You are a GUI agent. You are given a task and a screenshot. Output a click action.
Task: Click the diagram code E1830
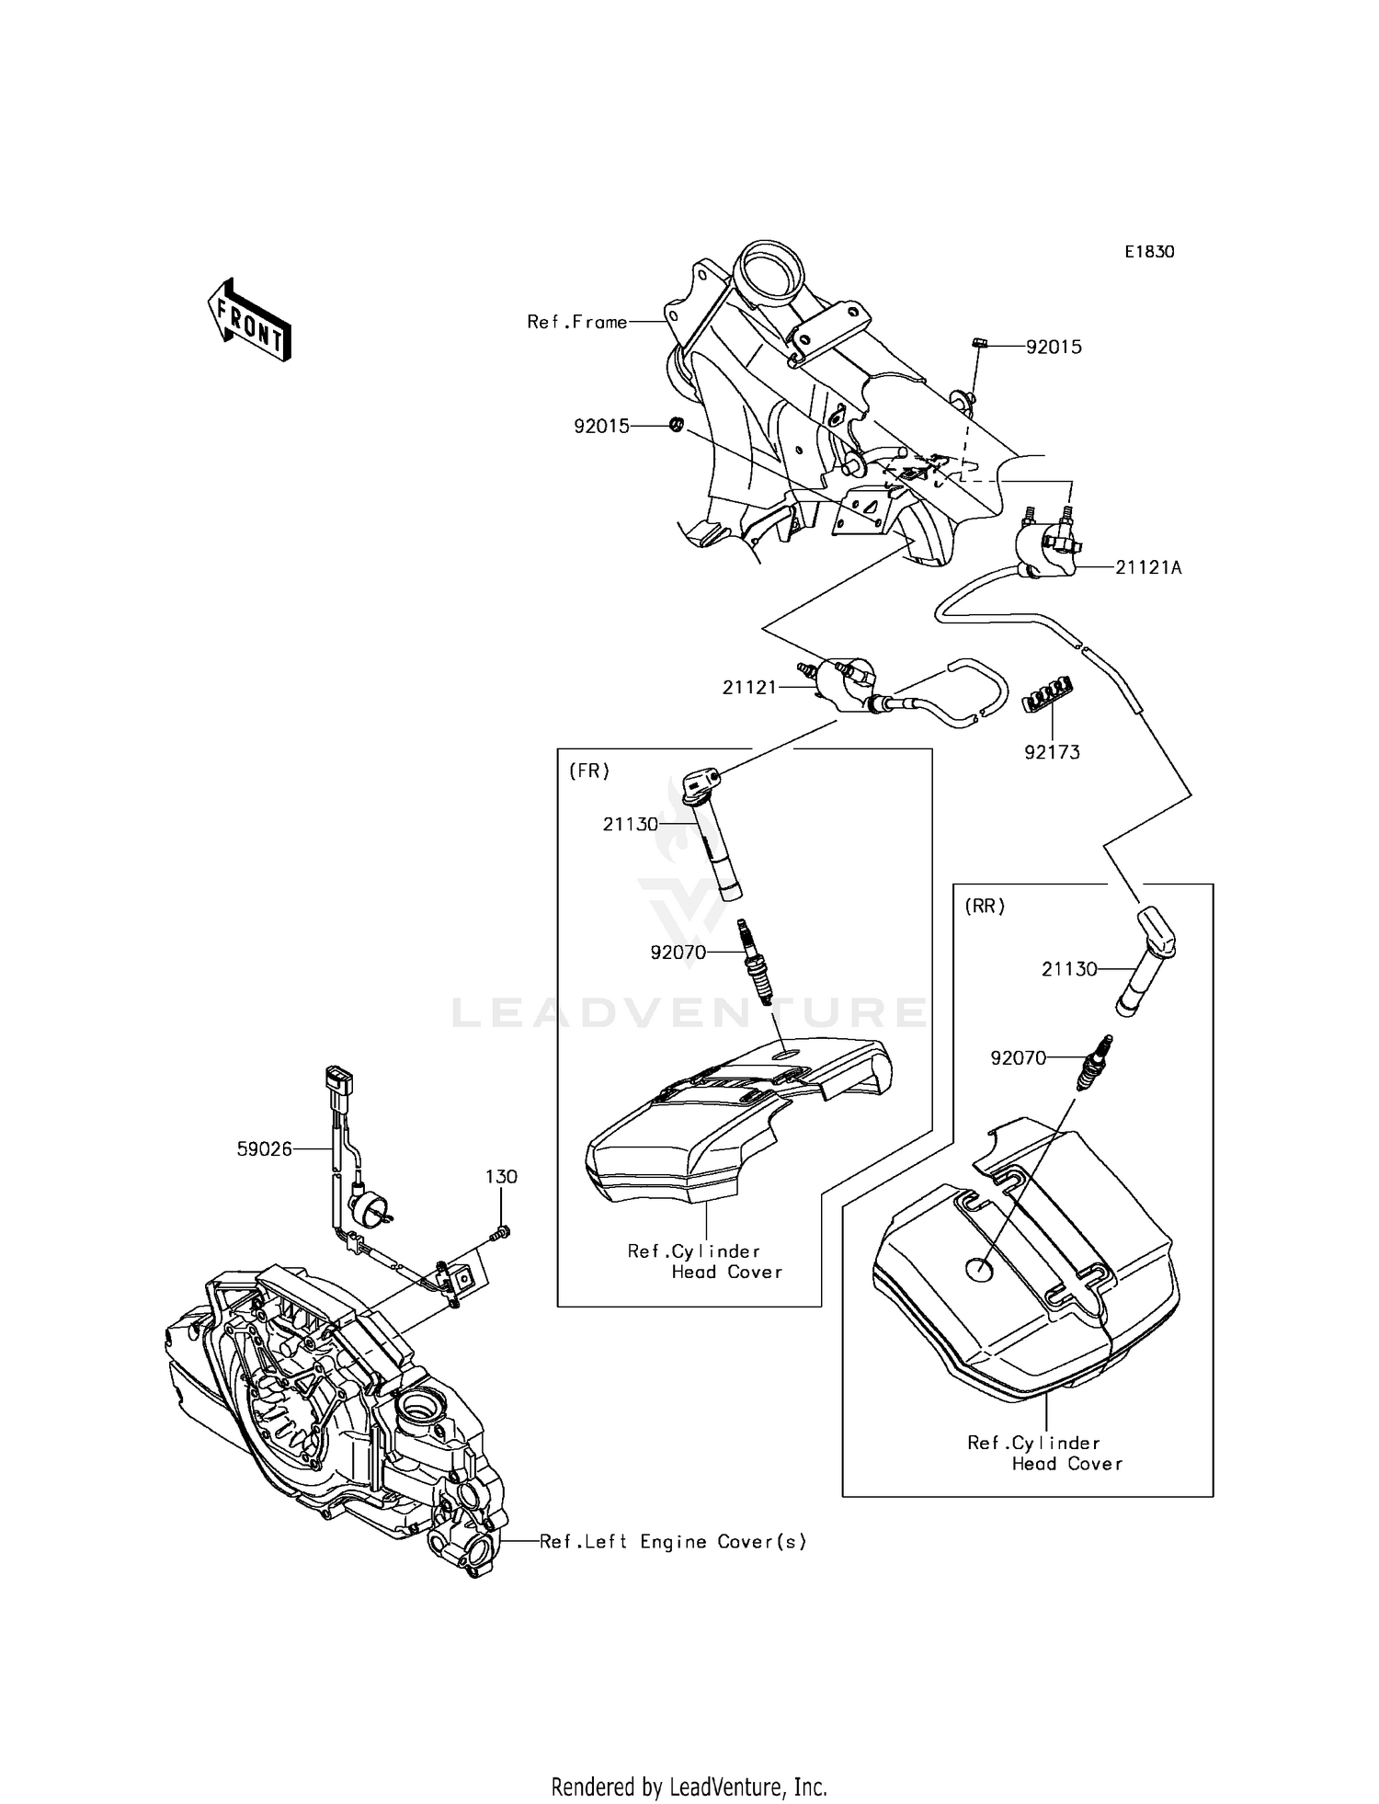point(1149,252)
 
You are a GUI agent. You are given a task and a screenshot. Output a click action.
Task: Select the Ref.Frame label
point(576,322)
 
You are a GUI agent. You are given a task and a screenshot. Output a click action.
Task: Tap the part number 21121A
point(1148,568)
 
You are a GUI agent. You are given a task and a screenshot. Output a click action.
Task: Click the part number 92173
point(1053,752)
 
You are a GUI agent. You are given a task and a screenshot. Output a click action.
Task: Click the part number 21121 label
point(749,687)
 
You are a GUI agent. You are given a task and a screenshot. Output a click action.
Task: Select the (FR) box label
point(589,771)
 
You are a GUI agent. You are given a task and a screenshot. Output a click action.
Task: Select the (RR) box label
point(985,906)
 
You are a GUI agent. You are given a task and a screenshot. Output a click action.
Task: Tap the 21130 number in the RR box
point(1069,969)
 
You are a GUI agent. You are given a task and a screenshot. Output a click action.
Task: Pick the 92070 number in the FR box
point(678,953)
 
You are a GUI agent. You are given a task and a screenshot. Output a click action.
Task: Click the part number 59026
point(264,1148)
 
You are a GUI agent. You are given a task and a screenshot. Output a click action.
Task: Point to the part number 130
point(501,1177)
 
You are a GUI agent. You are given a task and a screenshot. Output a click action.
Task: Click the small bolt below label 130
point(502,1233)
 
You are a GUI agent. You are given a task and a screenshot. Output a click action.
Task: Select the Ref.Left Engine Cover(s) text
point(673,1542)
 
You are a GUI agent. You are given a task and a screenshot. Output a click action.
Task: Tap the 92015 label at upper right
point(1054,348)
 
